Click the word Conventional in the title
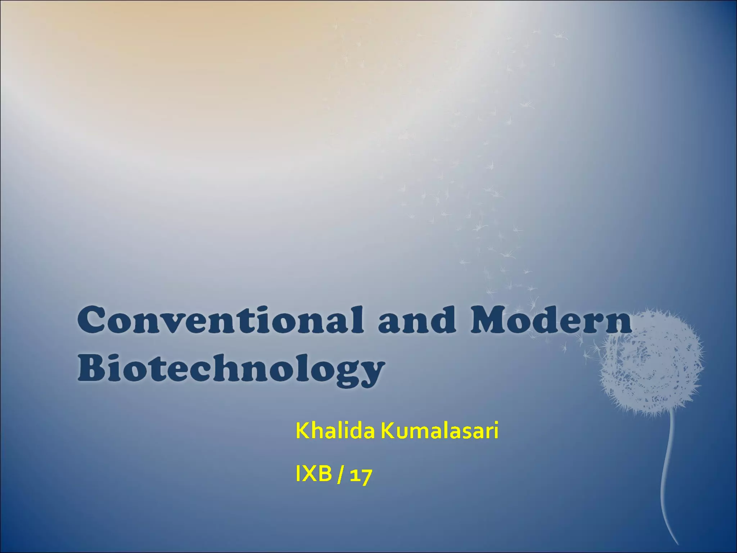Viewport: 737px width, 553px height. pyautogui.click(x=220, y=320)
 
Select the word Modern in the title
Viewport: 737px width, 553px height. pyautogui.click(x=551, y=320)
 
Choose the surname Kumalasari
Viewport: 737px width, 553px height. pyautogui.click(x=439, y=431)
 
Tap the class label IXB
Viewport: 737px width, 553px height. pyautogui.click(x=313, y=474)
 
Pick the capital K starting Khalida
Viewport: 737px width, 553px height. pyautogui.click(x=303, y=431)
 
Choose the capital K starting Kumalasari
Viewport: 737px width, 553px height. pyautogui.click(x=388, y=431)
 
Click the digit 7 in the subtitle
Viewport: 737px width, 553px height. pyautogui.click(x=366, y=476)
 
